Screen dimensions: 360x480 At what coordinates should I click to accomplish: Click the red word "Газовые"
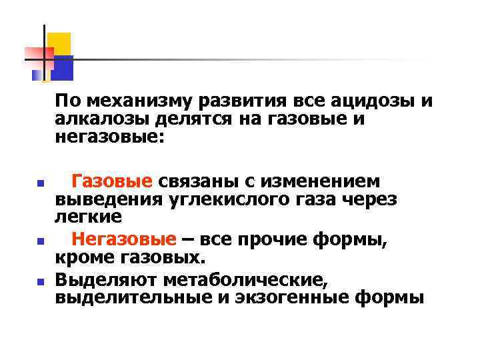113,181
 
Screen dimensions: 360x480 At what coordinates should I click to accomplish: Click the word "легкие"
89,217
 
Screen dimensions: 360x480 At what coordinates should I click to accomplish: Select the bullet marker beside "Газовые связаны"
40,182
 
